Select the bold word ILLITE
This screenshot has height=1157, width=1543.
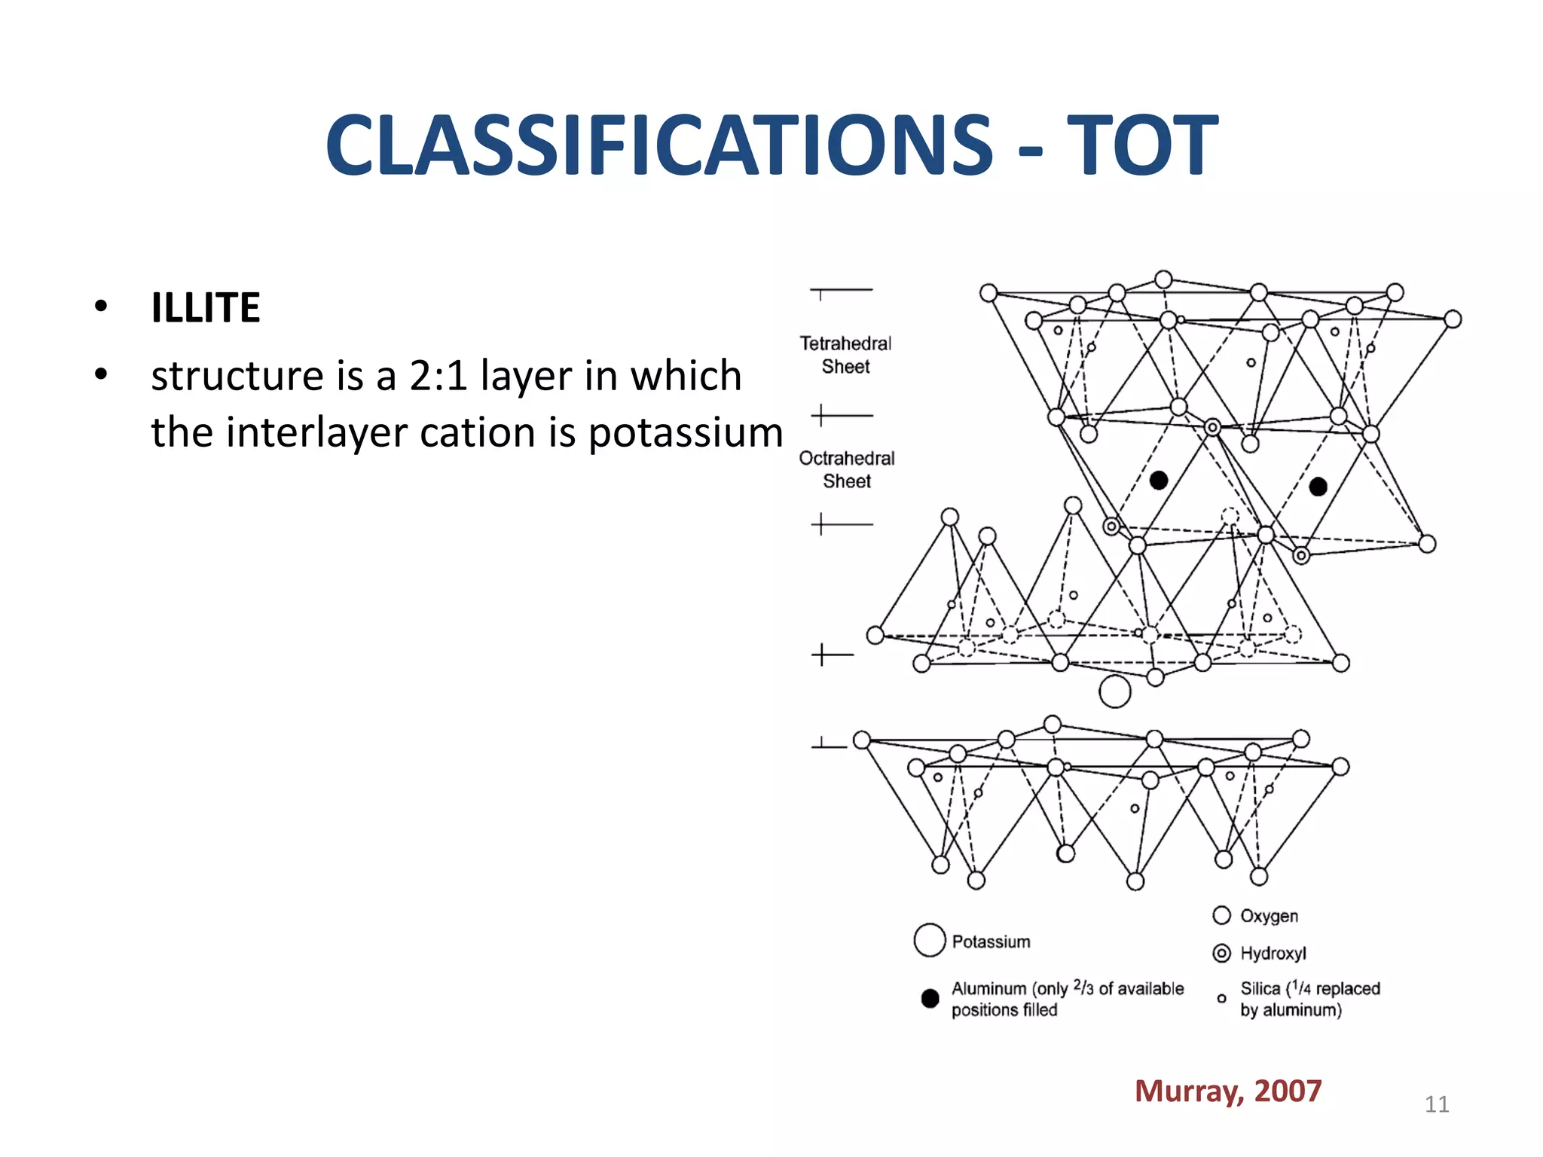(x=206, y=308)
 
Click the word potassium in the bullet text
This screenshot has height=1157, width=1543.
(x=685, y=433)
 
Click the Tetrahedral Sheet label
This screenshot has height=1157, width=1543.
(x=845, y=355)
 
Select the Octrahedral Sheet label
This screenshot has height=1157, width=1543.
(x=847, y=469)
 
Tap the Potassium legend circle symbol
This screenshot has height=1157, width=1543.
(x=929, y=940)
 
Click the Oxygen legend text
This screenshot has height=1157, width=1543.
(x=1269, y=916)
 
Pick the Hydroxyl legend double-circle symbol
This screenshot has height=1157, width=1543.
(x=1221, y=953)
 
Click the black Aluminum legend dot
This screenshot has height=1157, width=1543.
(x=930, y=998)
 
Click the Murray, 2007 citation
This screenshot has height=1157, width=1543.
(x=1227, y=1091)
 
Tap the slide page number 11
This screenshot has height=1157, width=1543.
(x=1436, y=1104)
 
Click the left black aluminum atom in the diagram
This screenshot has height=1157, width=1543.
(x=1159, y=480)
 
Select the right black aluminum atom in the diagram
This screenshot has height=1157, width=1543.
(x=1318, y=487)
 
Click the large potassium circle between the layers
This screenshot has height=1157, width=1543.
(x=1115, y=691)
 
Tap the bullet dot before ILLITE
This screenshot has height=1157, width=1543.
(x=101, y=307)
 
